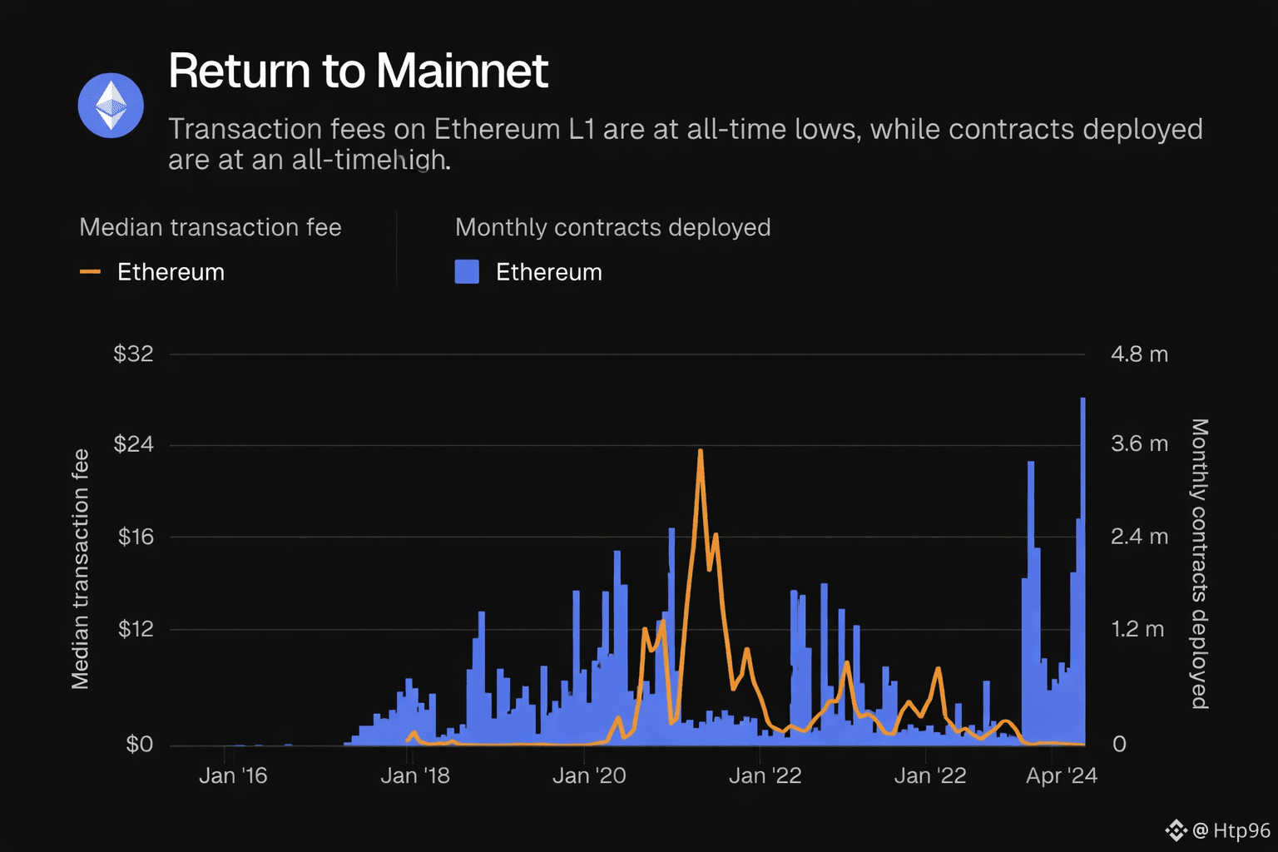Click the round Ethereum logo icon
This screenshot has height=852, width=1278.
click(x=111, y=106)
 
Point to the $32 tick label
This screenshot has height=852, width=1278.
click(x=134, y=354)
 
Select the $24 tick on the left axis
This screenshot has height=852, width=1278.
click(x=134, y=444)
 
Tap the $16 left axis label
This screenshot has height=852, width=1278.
click(x=136, y=537)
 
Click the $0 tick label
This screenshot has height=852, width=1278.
click(x=140, y=744)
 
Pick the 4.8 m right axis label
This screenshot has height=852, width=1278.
click(x=1139, y=354)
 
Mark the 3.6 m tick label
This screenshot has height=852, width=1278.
click(x=1139, y=444)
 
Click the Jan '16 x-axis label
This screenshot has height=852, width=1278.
click(x=233, y=776)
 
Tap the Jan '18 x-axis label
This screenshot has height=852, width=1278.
click(x=414, y=776)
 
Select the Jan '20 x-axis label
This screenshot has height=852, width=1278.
click(x=589, y=776)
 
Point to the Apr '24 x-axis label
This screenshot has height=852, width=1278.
click(x=1061, y=776)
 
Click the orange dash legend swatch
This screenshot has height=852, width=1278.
click(x=90, y=272)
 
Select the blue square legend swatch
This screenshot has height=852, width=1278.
click(x=467, y=272)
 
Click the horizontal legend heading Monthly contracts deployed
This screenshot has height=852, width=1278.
click(x=612, y=227)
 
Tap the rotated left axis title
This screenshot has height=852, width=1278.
click(x=80, y=569)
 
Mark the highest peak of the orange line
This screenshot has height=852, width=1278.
click(x=701, y=452)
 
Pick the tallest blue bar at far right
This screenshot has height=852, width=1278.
click(x=1082, y=499)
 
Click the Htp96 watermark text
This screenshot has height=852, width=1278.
click(x=1241, y=830)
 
